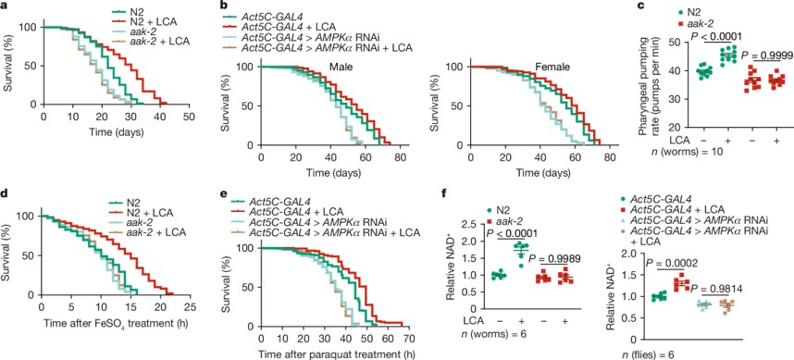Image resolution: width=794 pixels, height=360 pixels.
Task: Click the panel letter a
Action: point(6,6)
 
